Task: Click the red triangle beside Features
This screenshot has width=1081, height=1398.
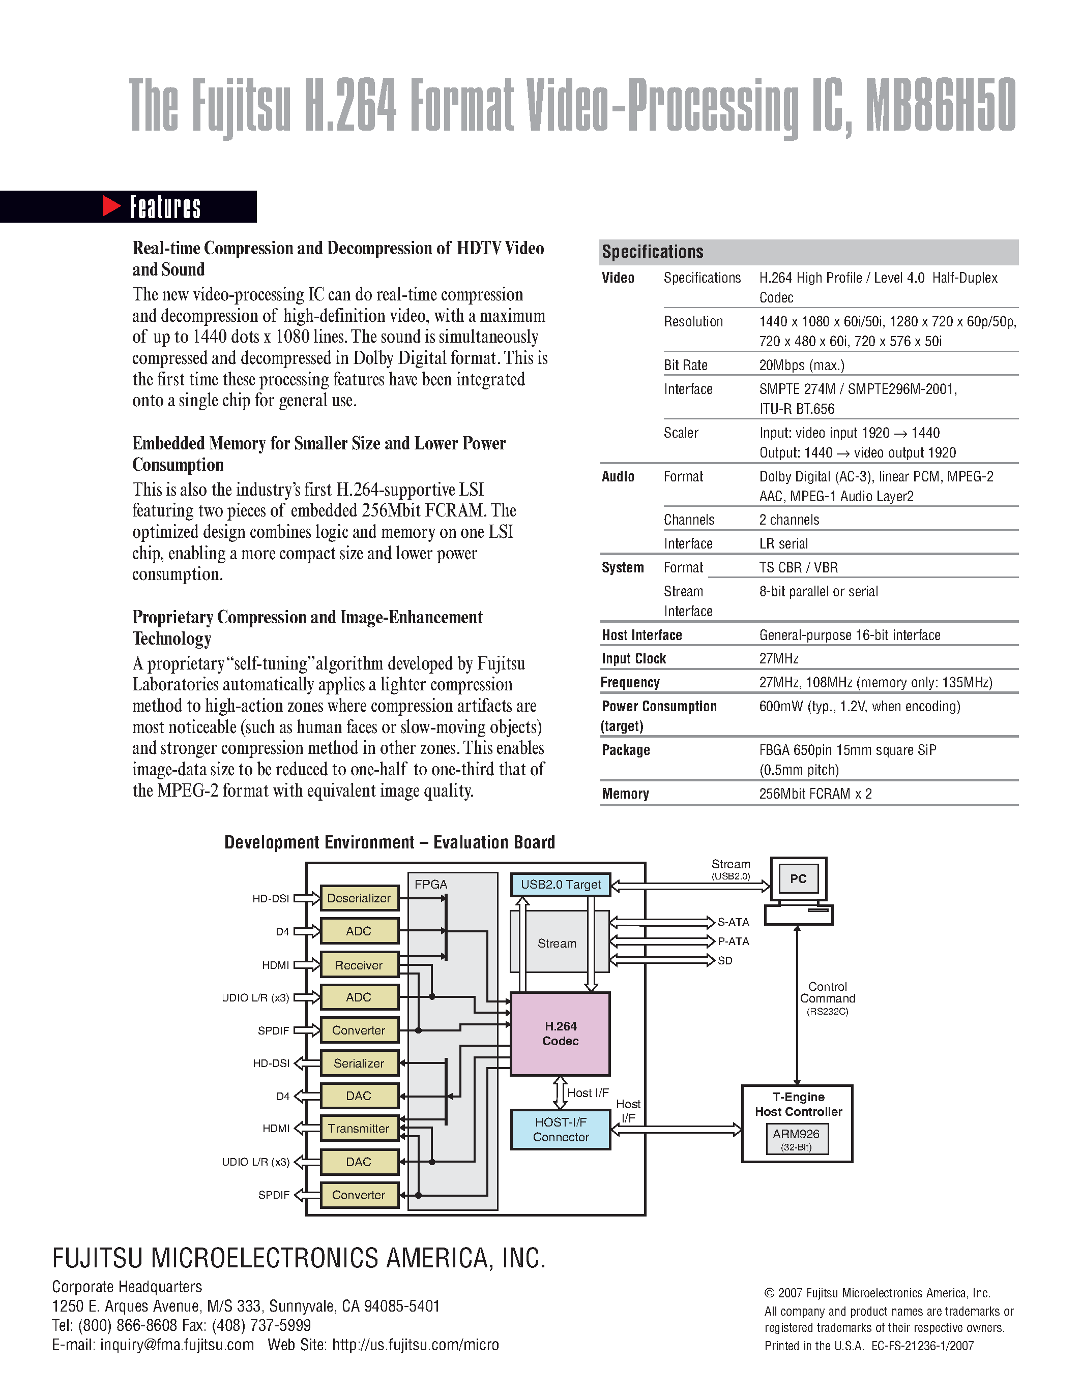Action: (111, 206)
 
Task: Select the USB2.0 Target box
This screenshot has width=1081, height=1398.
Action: (561, 885)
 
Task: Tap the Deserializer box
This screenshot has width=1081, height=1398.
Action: (359, 898)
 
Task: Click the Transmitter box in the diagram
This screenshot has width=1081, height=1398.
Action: (359, 1129)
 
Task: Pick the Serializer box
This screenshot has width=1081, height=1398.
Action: (359, 1063)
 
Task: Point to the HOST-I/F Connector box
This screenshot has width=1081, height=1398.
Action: (561, 1130)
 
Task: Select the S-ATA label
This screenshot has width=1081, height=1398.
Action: (733, 922)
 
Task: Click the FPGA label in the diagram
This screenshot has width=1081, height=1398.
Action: (430, 885)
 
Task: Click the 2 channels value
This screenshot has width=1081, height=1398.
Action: (789, 520)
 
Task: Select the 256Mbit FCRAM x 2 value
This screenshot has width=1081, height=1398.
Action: (815, 794)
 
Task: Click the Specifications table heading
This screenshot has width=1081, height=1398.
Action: (652, 252)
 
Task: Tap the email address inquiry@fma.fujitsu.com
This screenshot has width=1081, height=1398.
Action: (177, 1345)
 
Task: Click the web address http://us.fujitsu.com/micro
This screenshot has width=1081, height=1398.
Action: (415, 1345)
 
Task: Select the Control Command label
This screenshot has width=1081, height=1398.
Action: (827, 993)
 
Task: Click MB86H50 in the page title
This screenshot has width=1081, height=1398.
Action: (940, 106)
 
